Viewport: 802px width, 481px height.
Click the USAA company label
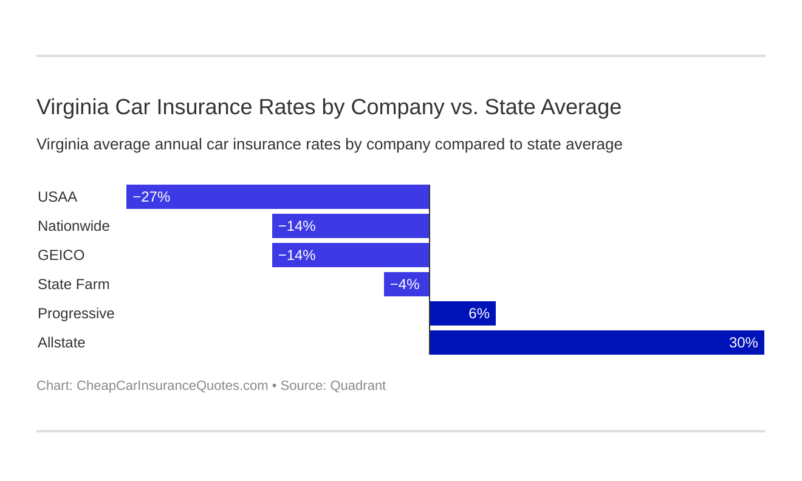57,197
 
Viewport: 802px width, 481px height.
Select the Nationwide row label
74,226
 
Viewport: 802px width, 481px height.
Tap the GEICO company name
61,255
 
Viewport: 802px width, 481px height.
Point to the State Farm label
74,284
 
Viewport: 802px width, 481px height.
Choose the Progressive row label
76,313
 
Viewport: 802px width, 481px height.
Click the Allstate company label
61,343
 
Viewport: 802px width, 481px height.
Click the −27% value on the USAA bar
151,197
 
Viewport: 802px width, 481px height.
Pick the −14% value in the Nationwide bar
296,226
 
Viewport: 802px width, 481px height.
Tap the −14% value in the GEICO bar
296,255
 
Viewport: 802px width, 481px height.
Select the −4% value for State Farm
405,284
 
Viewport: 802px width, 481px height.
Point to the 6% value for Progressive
479,313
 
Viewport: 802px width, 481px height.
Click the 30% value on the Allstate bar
743,343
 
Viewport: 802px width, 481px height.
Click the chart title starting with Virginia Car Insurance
329,107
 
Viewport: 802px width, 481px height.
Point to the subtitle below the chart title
329,145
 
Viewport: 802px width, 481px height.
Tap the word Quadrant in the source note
358,386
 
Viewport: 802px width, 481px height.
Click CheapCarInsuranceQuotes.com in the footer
172,386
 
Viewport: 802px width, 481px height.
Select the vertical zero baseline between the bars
430,270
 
